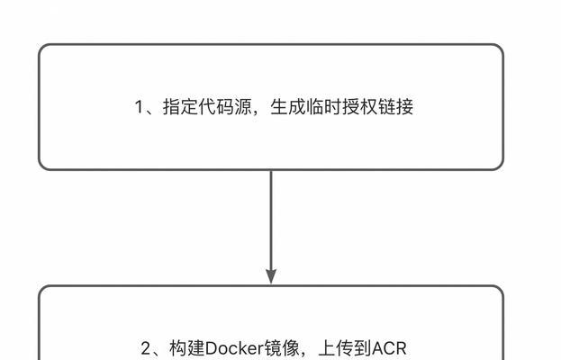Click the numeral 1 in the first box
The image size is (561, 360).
139,107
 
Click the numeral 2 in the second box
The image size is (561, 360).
146,348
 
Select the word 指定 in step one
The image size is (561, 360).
181,106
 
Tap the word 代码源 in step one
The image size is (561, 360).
225,106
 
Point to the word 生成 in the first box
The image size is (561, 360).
288,106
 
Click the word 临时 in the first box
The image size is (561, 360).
324,106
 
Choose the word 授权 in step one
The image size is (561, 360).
359,106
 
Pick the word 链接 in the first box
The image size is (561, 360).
395,106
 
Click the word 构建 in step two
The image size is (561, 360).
187,348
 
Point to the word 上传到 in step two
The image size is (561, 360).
345,348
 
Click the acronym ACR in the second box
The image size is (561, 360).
389,348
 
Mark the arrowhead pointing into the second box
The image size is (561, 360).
271,276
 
